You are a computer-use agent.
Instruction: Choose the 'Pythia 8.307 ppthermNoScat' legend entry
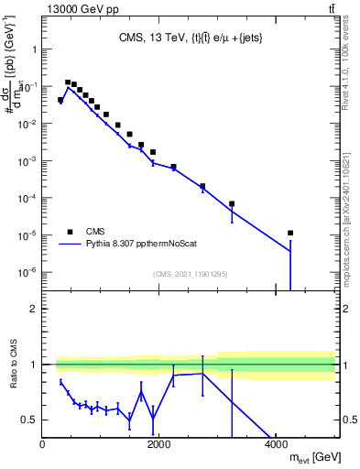coord(147,245)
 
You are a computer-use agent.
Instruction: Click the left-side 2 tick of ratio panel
coord(35,309)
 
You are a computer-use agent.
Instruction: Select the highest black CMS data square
coord(67,82)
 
